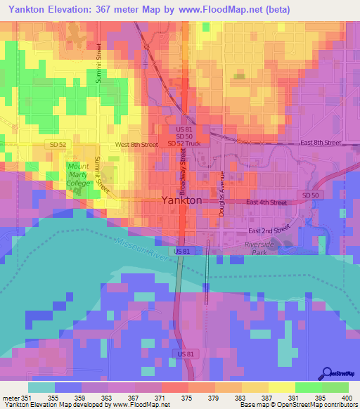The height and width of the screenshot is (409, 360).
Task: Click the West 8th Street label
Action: [136, 145]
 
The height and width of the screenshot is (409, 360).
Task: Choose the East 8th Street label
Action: [320, 143]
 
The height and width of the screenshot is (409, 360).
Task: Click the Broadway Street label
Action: [183, 174]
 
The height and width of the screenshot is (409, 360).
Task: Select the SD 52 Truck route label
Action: [184, 144]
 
